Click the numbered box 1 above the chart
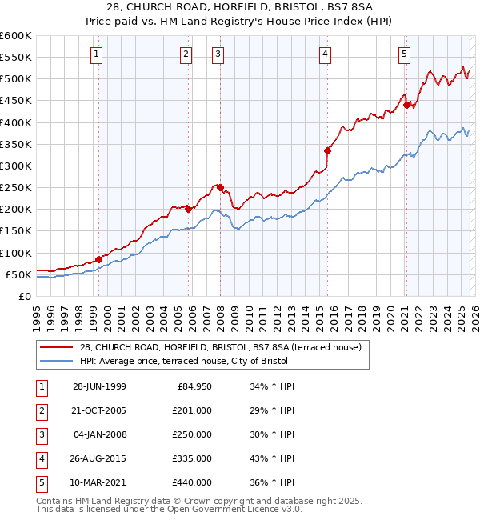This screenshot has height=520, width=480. point(96,54)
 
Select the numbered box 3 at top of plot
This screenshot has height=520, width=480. point(218,54)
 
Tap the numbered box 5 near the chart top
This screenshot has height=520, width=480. point(404,54)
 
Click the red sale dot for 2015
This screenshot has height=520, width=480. point(327,150)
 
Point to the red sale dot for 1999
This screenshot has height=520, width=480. point(98,259)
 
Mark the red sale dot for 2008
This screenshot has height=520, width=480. point(220,187)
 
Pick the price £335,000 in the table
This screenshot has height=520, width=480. point(192,459)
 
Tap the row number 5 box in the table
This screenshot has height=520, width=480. point(40,483)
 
